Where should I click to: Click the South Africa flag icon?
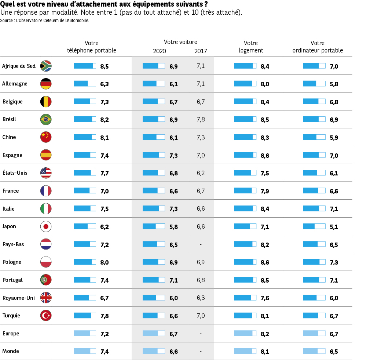click(46, 66)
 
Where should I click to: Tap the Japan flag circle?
click(46, 227)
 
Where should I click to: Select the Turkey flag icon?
click(46, 316)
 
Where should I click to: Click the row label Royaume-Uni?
click(18, 298)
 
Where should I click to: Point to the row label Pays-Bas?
click(13, 244)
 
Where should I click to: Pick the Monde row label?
click(11, 351)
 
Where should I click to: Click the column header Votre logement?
click(251, 47)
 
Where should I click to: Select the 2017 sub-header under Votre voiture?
click(201, 51)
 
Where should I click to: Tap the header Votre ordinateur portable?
click(318, 47)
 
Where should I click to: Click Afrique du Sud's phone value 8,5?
click(104, 66)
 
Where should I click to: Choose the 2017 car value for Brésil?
click(201, 120)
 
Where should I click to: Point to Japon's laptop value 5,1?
click(334, 227)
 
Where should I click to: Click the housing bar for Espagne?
click(245, 155)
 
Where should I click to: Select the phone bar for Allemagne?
click(85, 84)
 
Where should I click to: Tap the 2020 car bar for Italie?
click(154, 208)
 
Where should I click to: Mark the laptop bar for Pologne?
click(314, 262)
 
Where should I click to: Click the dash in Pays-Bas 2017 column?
click(201, 244)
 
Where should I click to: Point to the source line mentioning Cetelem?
click(45, 21)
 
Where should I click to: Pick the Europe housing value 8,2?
click(265, 334)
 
